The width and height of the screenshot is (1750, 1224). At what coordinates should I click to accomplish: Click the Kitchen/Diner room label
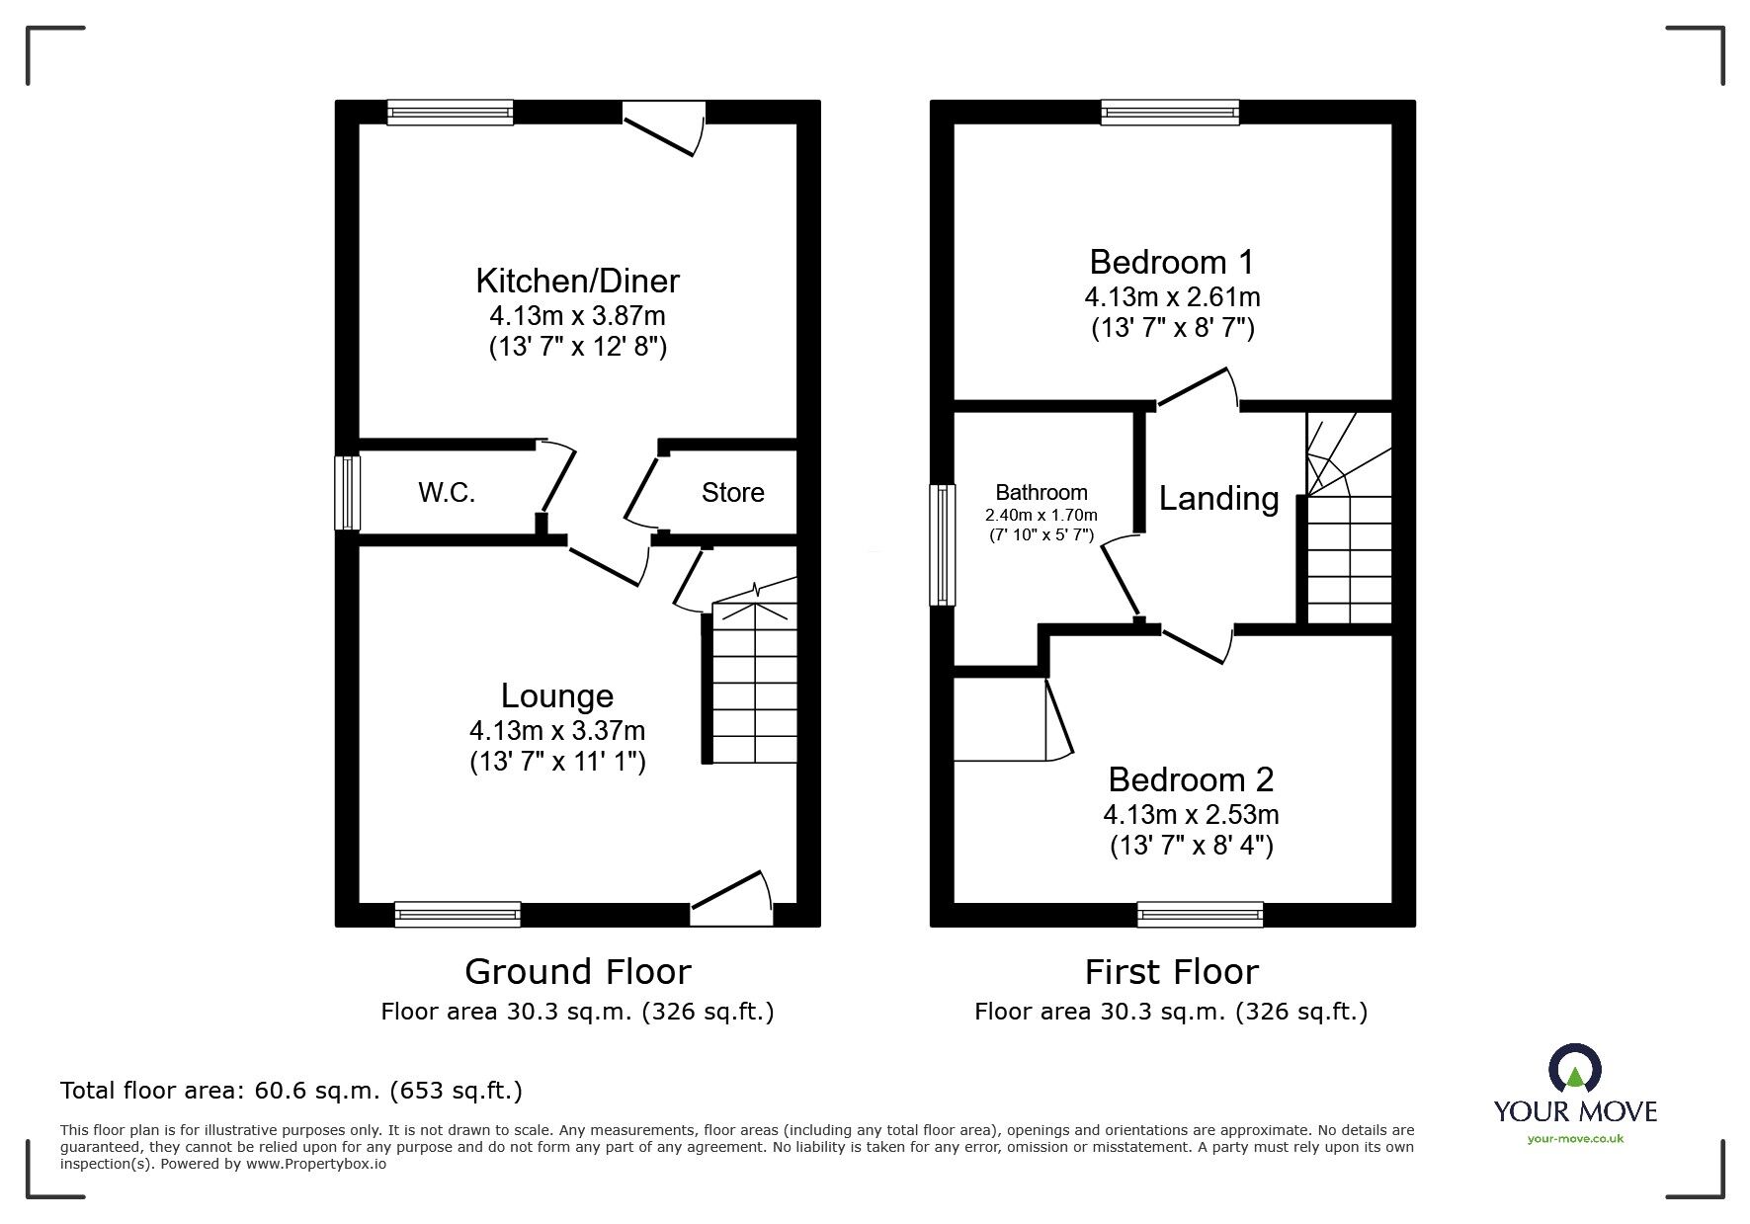click(577, 281)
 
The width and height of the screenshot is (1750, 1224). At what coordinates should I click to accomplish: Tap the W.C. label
click(447, 492)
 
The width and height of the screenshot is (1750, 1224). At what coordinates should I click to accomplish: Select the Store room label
click(732, 492)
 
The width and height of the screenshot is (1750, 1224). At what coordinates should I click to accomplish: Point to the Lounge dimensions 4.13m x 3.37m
click(557, 731)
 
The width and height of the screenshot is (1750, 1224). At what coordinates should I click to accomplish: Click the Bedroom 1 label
click(1171, 262)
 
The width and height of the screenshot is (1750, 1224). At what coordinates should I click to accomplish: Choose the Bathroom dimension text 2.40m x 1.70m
click(1041, 515)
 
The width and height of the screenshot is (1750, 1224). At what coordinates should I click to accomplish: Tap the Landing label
click(1218, 498)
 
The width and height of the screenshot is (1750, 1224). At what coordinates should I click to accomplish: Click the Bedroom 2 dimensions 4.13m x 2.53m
click(1191, 815)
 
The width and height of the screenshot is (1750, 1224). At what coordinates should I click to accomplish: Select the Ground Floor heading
click(577, 971)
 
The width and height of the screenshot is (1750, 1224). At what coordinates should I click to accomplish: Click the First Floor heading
click(1171, 971)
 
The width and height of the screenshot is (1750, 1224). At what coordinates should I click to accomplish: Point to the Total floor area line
click(292, 1091)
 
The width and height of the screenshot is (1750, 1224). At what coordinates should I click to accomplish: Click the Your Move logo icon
click(1574, 1069)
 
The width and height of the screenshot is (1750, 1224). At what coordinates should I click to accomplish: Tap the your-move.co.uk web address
click(1575, 1139)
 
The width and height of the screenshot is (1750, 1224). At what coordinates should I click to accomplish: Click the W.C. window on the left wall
click(347, 492)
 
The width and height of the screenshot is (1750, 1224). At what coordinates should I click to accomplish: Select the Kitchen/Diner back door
click(664, 130)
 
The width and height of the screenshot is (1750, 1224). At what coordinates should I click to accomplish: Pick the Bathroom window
click(943, 544)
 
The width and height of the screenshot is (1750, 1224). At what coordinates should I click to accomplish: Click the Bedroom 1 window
click(1170, 113)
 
